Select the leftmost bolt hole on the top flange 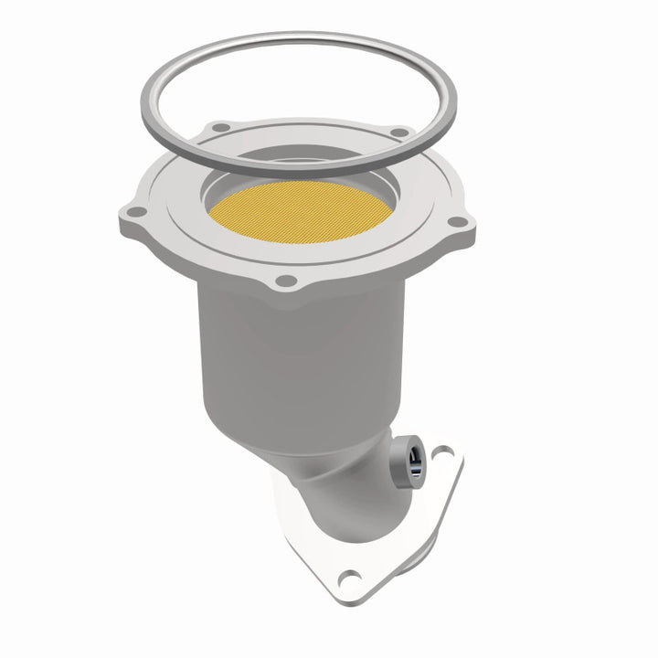(135, 212)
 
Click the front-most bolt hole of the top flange (287, 281)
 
